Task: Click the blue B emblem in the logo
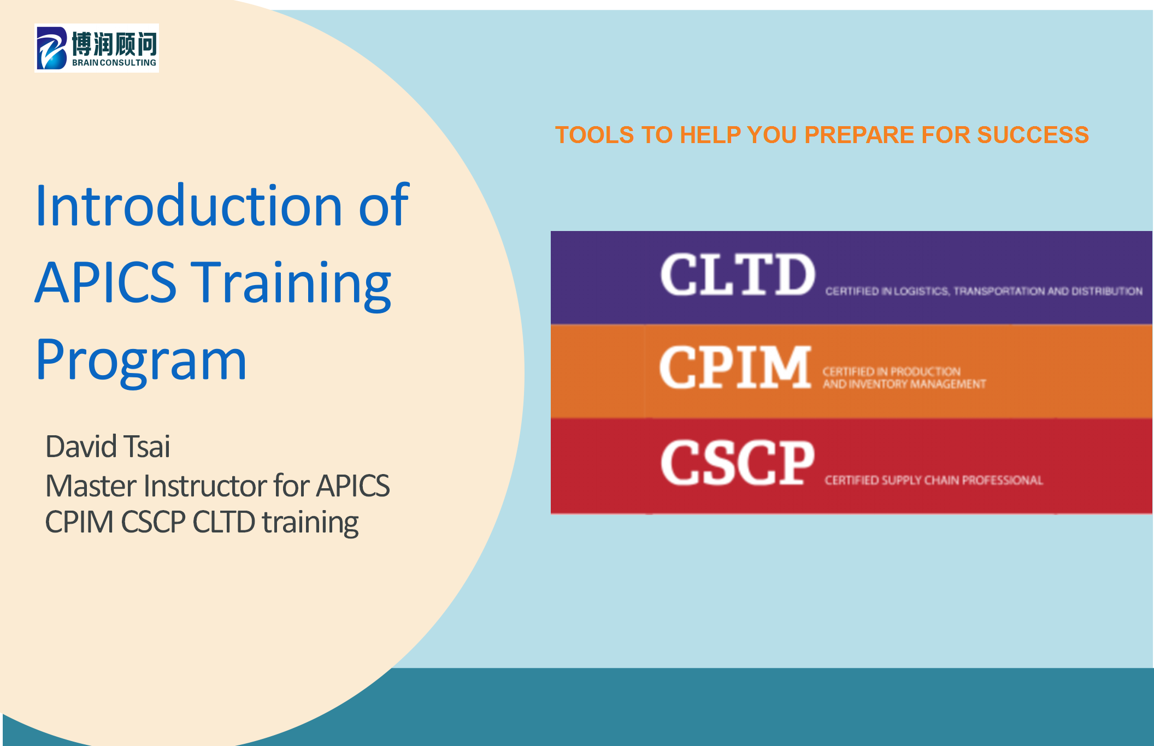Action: click(52, 48)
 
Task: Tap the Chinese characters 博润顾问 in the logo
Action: click(114, 44)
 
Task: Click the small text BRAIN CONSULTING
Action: click(114, 63)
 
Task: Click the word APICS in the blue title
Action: click(106, 282)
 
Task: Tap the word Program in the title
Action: click(142, 360)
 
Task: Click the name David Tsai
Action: click(108, 446)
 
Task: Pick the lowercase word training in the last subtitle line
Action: click(310, 523)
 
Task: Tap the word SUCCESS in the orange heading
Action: click(1033, 135)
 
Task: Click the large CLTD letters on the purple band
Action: click(738, 275)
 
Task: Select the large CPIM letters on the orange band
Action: click(735, 367)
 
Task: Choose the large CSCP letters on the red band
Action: click(738, 463)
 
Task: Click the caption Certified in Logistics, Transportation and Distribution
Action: click(984, 291)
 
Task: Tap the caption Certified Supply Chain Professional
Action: click(934, 480)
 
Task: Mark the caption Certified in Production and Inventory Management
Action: click(904, 378)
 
